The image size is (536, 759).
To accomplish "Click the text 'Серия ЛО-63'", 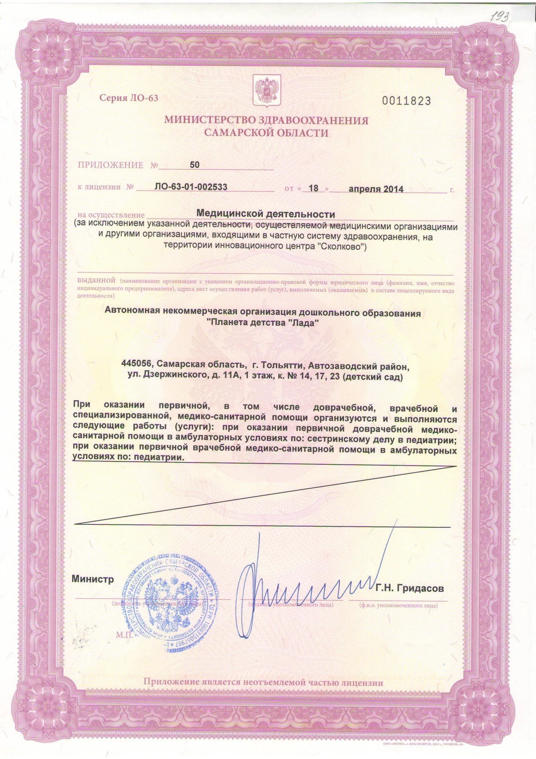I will coord(128,98).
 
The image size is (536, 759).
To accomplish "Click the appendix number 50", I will coord(194,165).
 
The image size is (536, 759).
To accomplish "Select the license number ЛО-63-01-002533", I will coord(191,187).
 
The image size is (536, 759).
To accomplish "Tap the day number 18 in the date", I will coord(314,188).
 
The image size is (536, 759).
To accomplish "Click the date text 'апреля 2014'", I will coord(376,189).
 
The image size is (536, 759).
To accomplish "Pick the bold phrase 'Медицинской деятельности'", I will coord(265,214).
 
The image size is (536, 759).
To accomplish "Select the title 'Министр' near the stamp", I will coord(93,579).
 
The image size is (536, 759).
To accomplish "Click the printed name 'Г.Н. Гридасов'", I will coord(410,589).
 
